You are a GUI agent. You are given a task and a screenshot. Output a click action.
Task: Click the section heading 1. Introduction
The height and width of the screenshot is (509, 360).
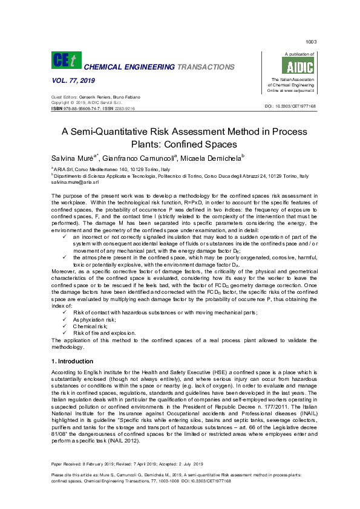73,361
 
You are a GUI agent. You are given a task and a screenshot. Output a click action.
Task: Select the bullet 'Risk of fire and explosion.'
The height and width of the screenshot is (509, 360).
105,333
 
